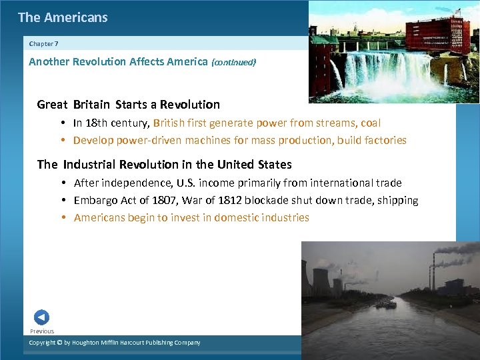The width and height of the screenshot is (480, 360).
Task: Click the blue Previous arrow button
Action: (41, 317)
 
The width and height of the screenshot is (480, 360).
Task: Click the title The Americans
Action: (63, 17)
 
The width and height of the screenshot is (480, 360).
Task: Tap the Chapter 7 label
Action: (44, 43)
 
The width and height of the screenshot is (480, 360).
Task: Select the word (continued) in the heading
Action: (233, 62)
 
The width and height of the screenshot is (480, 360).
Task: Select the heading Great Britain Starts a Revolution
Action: (129, 105)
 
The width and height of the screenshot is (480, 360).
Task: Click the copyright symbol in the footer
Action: (59, 343)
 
